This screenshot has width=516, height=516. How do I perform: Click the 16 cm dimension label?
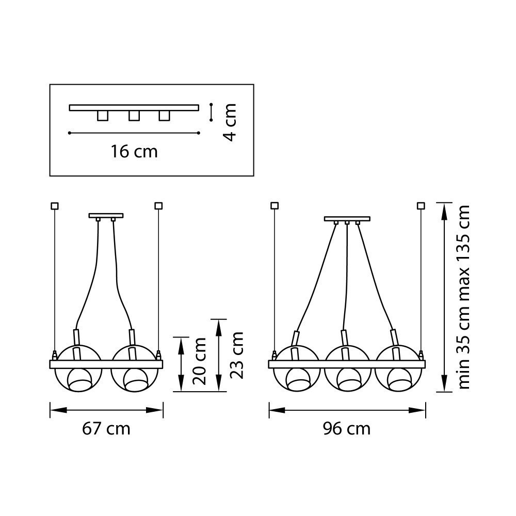click(x=134, y=152)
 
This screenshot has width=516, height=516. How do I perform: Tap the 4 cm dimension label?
click(x=230, y=122)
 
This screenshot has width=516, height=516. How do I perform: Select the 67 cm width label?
click(x=106, y=429)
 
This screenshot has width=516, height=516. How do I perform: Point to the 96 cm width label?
click(x=347, y=429)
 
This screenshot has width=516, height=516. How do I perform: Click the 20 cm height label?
click(x=199, y=361)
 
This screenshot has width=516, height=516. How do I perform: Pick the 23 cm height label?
click(x=236, y=356)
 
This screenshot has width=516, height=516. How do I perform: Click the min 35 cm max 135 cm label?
click(x=463, y=297)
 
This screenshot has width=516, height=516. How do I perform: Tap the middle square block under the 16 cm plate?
click(x=134, y=116)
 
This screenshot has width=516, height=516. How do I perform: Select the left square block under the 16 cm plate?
click(x=103, y=116)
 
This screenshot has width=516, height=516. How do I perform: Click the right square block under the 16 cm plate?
click(x=164, y=116)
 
